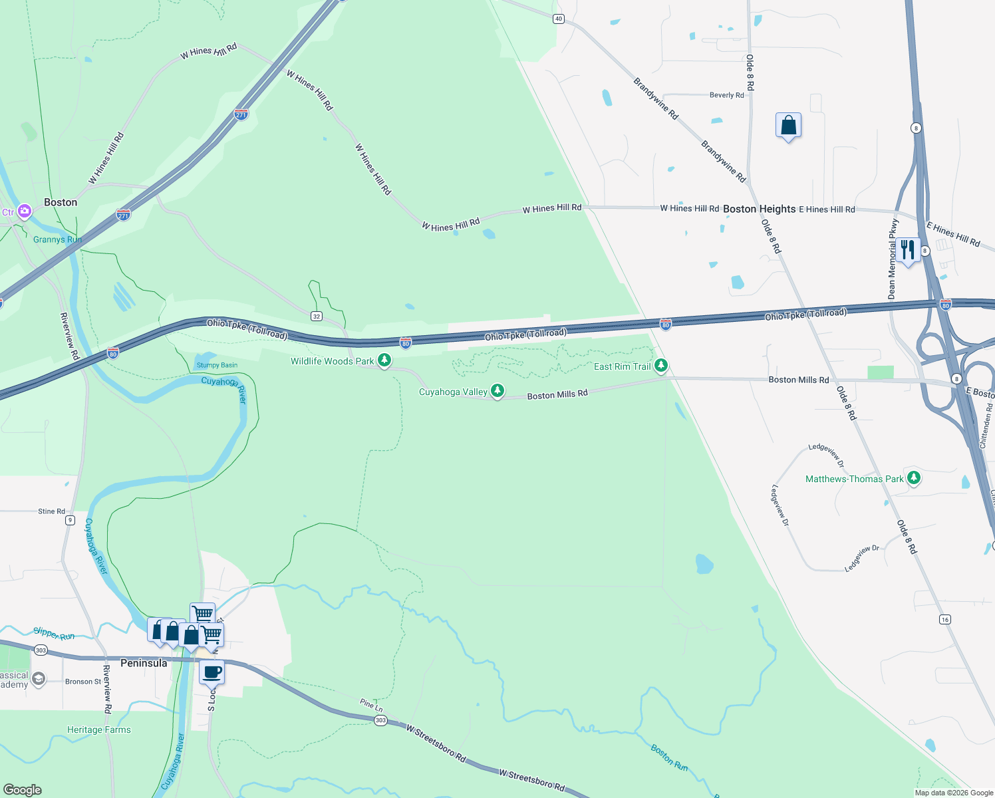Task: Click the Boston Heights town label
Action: point(759,209)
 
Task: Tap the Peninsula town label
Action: point(144,663)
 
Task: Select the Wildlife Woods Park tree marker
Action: point(384,360)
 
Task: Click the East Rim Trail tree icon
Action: point(660,365)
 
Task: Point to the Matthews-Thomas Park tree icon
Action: point(914,477)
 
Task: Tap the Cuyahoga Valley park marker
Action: point(497,390)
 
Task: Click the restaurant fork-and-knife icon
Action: point(908,250)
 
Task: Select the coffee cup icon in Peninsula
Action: point(212,672)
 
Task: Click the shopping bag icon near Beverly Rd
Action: point(788,125)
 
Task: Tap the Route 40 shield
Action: point(559,19)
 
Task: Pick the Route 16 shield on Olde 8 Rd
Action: point(945,619)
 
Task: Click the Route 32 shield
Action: point(317,316)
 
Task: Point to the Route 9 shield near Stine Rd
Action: point(70,520)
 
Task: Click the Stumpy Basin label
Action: point(217,365)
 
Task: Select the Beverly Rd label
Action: point(726,95)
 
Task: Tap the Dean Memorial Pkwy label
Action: point(893,259)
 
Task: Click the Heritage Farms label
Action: point(99,730)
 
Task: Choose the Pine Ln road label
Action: point(371,704)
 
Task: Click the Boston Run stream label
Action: point(669,757)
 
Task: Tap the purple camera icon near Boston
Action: point(25,211)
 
